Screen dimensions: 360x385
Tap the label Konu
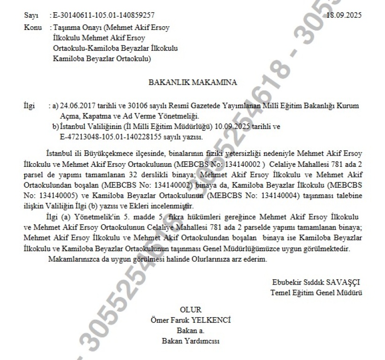30,27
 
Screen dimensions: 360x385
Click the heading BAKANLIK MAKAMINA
192,82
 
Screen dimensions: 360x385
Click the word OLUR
191,310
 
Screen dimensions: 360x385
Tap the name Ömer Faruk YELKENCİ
191,320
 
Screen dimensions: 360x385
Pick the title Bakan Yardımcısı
191,341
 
